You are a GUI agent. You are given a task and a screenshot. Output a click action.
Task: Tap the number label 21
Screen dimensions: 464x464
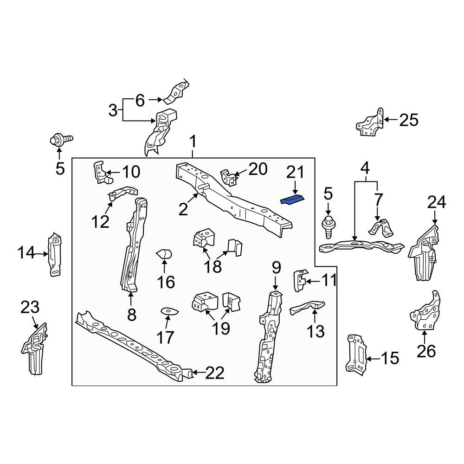point(295,173)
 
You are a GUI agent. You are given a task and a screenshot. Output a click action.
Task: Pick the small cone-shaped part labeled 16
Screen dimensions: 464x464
point(164,254)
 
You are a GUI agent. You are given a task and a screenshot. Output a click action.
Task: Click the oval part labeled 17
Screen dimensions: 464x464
point(166,311)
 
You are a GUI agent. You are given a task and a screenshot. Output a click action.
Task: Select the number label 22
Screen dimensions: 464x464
point(214,373)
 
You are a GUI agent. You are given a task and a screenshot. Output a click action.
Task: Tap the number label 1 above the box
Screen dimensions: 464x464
point(193,142)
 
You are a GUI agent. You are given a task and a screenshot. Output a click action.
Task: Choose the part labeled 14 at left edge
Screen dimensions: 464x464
point(54,254)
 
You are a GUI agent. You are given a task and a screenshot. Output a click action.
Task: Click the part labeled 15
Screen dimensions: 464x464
point(356,354)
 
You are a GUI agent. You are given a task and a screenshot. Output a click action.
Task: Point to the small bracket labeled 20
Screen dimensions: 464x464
point(228,177)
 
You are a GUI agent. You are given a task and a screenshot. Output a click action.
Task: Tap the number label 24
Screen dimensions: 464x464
point(436,202)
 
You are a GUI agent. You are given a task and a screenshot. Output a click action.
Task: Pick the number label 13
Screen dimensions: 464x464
point(315,331)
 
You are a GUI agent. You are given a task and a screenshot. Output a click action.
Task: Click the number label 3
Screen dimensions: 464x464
point(113,110)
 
